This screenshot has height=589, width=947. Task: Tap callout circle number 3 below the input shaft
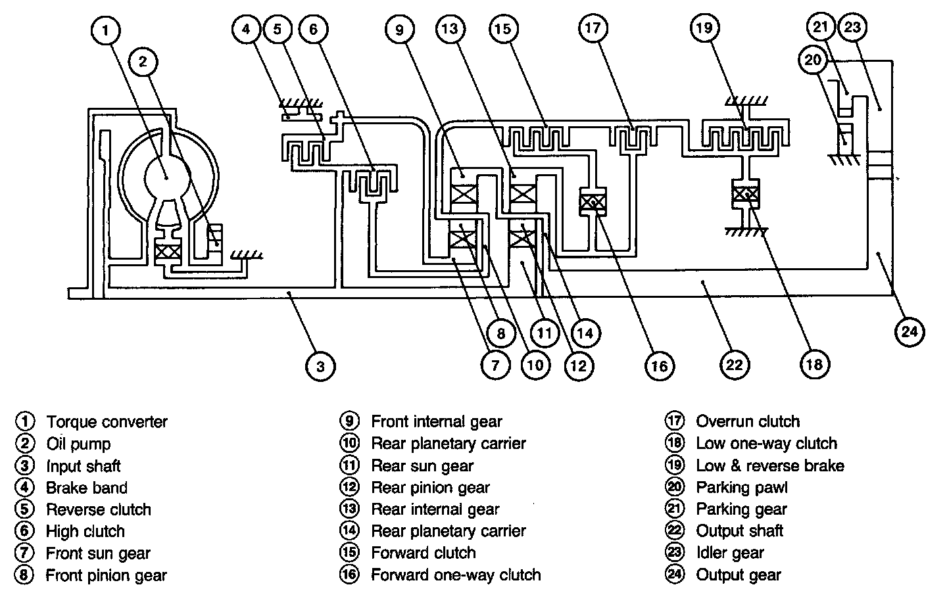[320, 365]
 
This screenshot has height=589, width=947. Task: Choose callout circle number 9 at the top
[401, 30]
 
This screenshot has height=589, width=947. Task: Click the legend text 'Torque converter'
[107, 421]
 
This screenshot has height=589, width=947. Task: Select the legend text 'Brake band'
[86, 488]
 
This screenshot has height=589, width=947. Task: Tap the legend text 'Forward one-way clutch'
[456, 575]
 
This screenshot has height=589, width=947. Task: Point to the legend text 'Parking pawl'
[741, 488]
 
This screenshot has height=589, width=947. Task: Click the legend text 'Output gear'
[739, 575]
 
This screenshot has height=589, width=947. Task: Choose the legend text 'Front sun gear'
[98, 554]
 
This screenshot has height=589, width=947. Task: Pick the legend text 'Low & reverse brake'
[770, 466]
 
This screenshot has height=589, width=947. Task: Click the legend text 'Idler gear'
[730, 553]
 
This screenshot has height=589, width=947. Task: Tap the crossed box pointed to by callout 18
[746, 195]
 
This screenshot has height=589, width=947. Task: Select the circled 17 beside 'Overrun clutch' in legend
[675, 421]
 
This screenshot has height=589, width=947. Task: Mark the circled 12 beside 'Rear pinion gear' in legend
[349, 488]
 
